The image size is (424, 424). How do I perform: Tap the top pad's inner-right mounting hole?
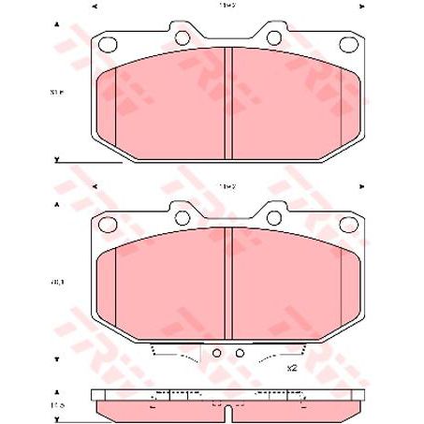(x=277, y=37)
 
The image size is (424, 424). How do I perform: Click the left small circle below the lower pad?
(x=217, y=353)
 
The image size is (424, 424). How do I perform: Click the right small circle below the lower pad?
(x=240, y=353)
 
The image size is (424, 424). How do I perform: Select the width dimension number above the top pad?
(x=227, y=6)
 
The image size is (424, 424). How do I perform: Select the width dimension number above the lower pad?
(x=227, y=187)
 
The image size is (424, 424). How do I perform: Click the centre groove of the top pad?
(x=228, y=103)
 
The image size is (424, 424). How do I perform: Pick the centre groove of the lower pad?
(x=228, y=285)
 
